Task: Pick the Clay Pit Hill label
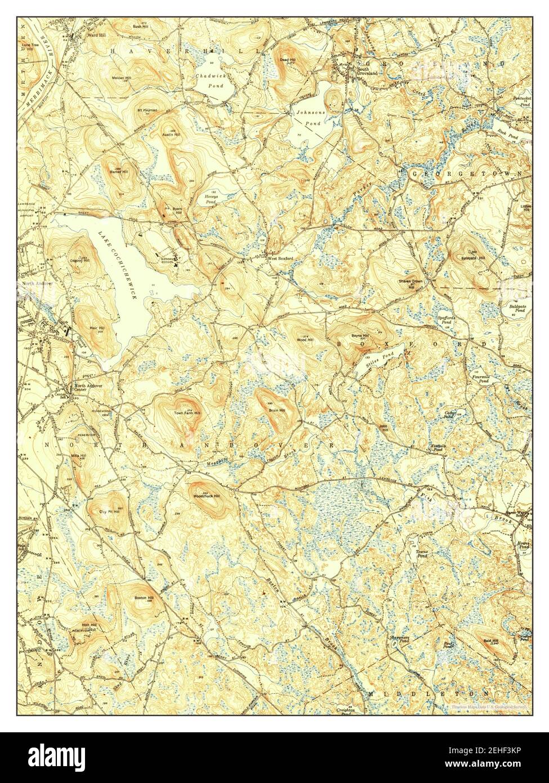[110, 511]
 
